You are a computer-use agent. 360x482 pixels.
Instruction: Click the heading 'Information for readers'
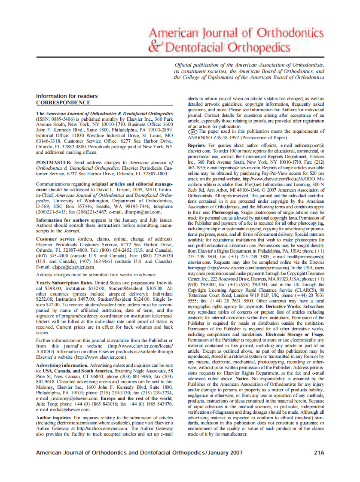coord(67,96)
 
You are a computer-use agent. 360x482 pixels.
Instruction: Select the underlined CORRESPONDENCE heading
coord(63,103)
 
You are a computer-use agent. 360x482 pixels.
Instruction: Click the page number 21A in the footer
coord(318,452)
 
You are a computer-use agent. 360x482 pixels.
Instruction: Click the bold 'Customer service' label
coord(56,238)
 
